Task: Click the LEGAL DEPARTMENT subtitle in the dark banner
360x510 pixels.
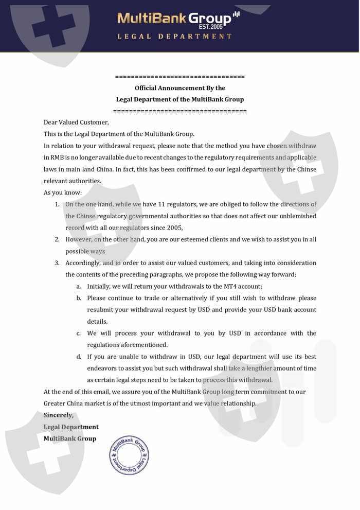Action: pyautogui.click(x=175, y=37)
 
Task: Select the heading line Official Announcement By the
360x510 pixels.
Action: pyautogui.click(x=179, y=88)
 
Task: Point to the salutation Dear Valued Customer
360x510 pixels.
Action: pyautogui.click(x=76, y=122)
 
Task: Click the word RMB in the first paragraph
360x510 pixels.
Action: pyautogui.click(x=57, y=157)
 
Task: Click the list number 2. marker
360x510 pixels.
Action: pyautogui.click(x=58, y=240)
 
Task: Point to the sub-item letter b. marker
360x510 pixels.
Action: pyautogui.click(x=79, y=298)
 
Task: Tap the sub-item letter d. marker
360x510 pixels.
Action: pyautogui.click(x=79, y=357)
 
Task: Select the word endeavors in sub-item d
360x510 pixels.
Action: pyautogui.click(x=103, y=368)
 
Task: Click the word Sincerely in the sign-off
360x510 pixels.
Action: pyautogui.click(x=58, y=415)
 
